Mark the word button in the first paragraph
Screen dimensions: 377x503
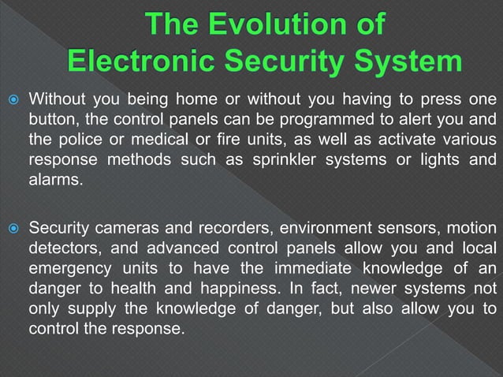pyautogui.click(x=52, y=120)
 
